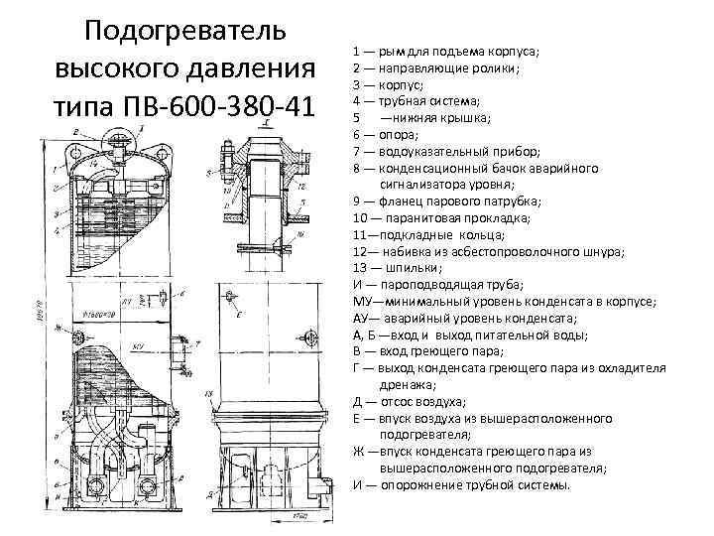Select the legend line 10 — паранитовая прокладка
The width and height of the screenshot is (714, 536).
pos(442,218)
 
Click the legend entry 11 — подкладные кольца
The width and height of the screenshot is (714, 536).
pos(427,235)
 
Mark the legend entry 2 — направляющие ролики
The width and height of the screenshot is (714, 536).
pos(436,68)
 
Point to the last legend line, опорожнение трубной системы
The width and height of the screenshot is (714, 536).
pos(461,485)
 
